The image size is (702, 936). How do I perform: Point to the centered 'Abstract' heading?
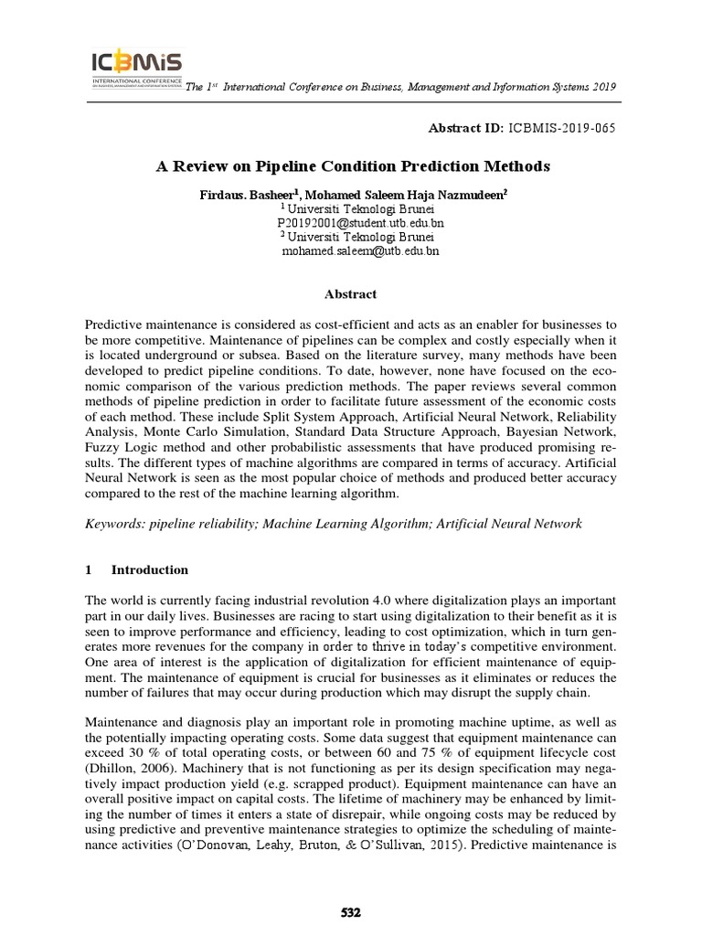350,294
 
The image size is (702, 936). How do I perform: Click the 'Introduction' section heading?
150,569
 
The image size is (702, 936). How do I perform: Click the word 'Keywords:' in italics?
112,524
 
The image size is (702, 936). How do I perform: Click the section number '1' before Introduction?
88,569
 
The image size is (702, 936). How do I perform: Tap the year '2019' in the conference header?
601,87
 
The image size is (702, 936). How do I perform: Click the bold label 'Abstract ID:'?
463,128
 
